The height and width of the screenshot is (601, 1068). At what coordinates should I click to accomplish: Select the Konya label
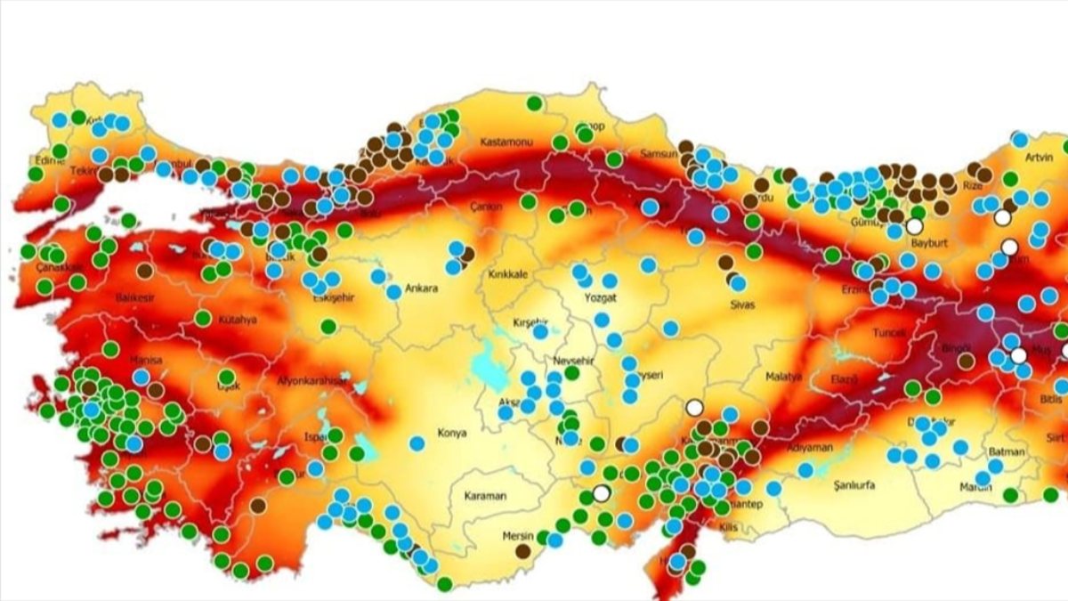click(451, 434)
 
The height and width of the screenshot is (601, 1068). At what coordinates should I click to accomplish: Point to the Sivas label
click(741, 305)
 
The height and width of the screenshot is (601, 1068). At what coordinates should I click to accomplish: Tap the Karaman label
click(485, 495)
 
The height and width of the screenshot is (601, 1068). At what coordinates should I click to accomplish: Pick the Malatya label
click(783, 377)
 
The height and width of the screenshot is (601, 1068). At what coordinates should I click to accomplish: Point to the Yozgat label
click(600, 297)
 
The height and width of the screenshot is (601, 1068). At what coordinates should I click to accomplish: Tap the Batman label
click(1007, 452)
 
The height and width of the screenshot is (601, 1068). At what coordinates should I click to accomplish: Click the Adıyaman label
click(810, 448)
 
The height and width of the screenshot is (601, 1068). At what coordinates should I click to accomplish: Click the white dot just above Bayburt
click(914, 226)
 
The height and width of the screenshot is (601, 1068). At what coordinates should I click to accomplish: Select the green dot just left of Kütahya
click(203, 318)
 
